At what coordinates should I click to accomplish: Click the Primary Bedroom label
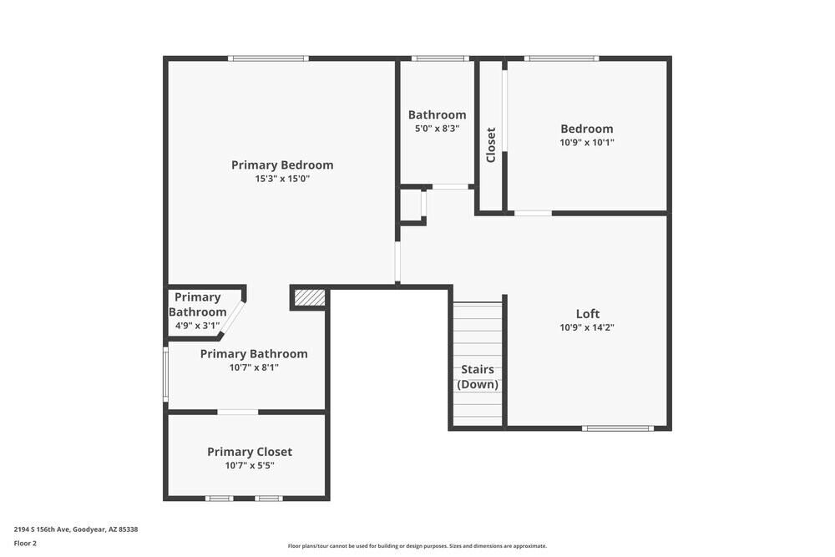282,165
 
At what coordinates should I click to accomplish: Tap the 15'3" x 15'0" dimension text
282,179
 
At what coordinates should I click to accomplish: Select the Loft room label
588,314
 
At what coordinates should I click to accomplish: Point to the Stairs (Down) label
478,377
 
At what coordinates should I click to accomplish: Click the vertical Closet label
491,145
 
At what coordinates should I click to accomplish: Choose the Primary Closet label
250,452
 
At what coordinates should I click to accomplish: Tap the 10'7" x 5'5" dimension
250,466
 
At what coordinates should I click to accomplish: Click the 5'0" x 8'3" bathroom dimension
437,129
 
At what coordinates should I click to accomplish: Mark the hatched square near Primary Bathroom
310,297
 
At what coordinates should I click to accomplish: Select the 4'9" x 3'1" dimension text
197,326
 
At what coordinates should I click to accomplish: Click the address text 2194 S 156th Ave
76,529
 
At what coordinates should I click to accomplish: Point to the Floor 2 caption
25,543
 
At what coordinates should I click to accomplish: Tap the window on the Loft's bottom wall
618,428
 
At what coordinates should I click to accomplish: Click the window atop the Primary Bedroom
269,58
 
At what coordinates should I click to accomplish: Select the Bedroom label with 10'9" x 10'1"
587,129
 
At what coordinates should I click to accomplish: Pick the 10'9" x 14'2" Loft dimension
588,328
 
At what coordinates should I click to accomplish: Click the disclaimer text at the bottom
417,546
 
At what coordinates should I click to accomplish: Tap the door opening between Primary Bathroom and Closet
238,412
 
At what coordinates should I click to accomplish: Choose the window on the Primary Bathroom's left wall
165,373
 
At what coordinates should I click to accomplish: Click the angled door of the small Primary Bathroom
233,318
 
